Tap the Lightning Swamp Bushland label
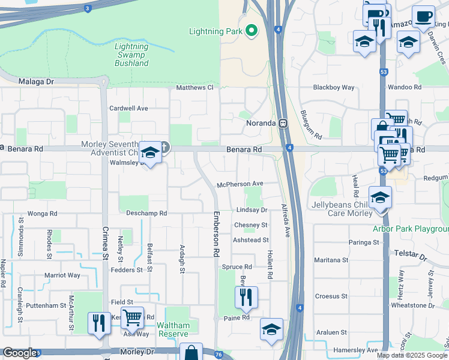[x=131, y=55]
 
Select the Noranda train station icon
[x=282, y=123]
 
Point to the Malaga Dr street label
[x=36, y=82]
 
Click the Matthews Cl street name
[x=194, y=88]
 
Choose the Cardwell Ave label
[x=128, y=109]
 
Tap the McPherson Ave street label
[x=241, y=184]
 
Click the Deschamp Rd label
[x=146, y=213]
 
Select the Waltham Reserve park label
[x=173, y=329]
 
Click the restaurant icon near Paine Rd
[x=246, y=296]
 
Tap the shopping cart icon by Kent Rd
[x=132, y=316]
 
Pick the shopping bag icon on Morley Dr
[x=191, y=353]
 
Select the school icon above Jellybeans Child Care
[x=379, y=197]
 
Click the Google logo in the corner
[x=19, y=353]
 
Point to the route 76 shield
[x=219, y=354]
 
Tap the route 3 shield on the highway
[x=88, y=8]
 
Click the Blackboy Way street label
[x=334, y=88]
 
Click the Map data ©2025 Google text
[x=411, y=355]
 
